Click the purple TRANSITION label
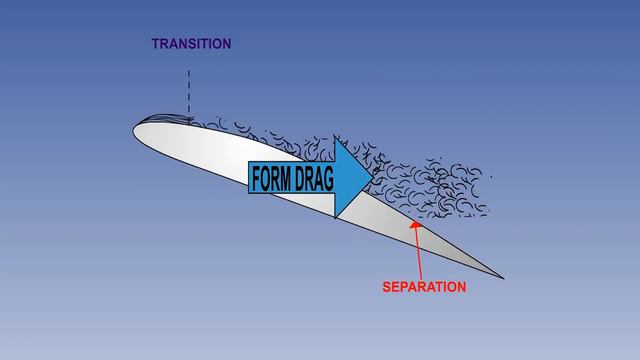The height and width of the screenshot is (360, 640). point(191,44)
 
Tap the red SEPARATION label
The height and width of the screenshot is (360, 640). point(424,287)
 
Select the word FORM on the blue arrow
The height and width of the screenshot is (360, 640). point(270,178)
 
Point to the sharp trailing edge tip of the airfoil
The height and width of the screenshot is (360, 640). point(503,278)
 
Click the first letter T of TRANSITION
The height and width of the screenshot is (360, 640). point(155,44)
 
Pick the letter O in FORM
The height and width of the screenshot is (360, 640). point(265,178)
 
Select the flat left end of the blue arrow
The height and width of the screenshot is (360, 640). point(249,178)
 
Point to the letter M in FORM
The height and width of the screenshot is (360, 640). point(285,178)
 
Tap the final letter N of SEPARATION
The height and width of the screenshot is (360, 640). point(462,287)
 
